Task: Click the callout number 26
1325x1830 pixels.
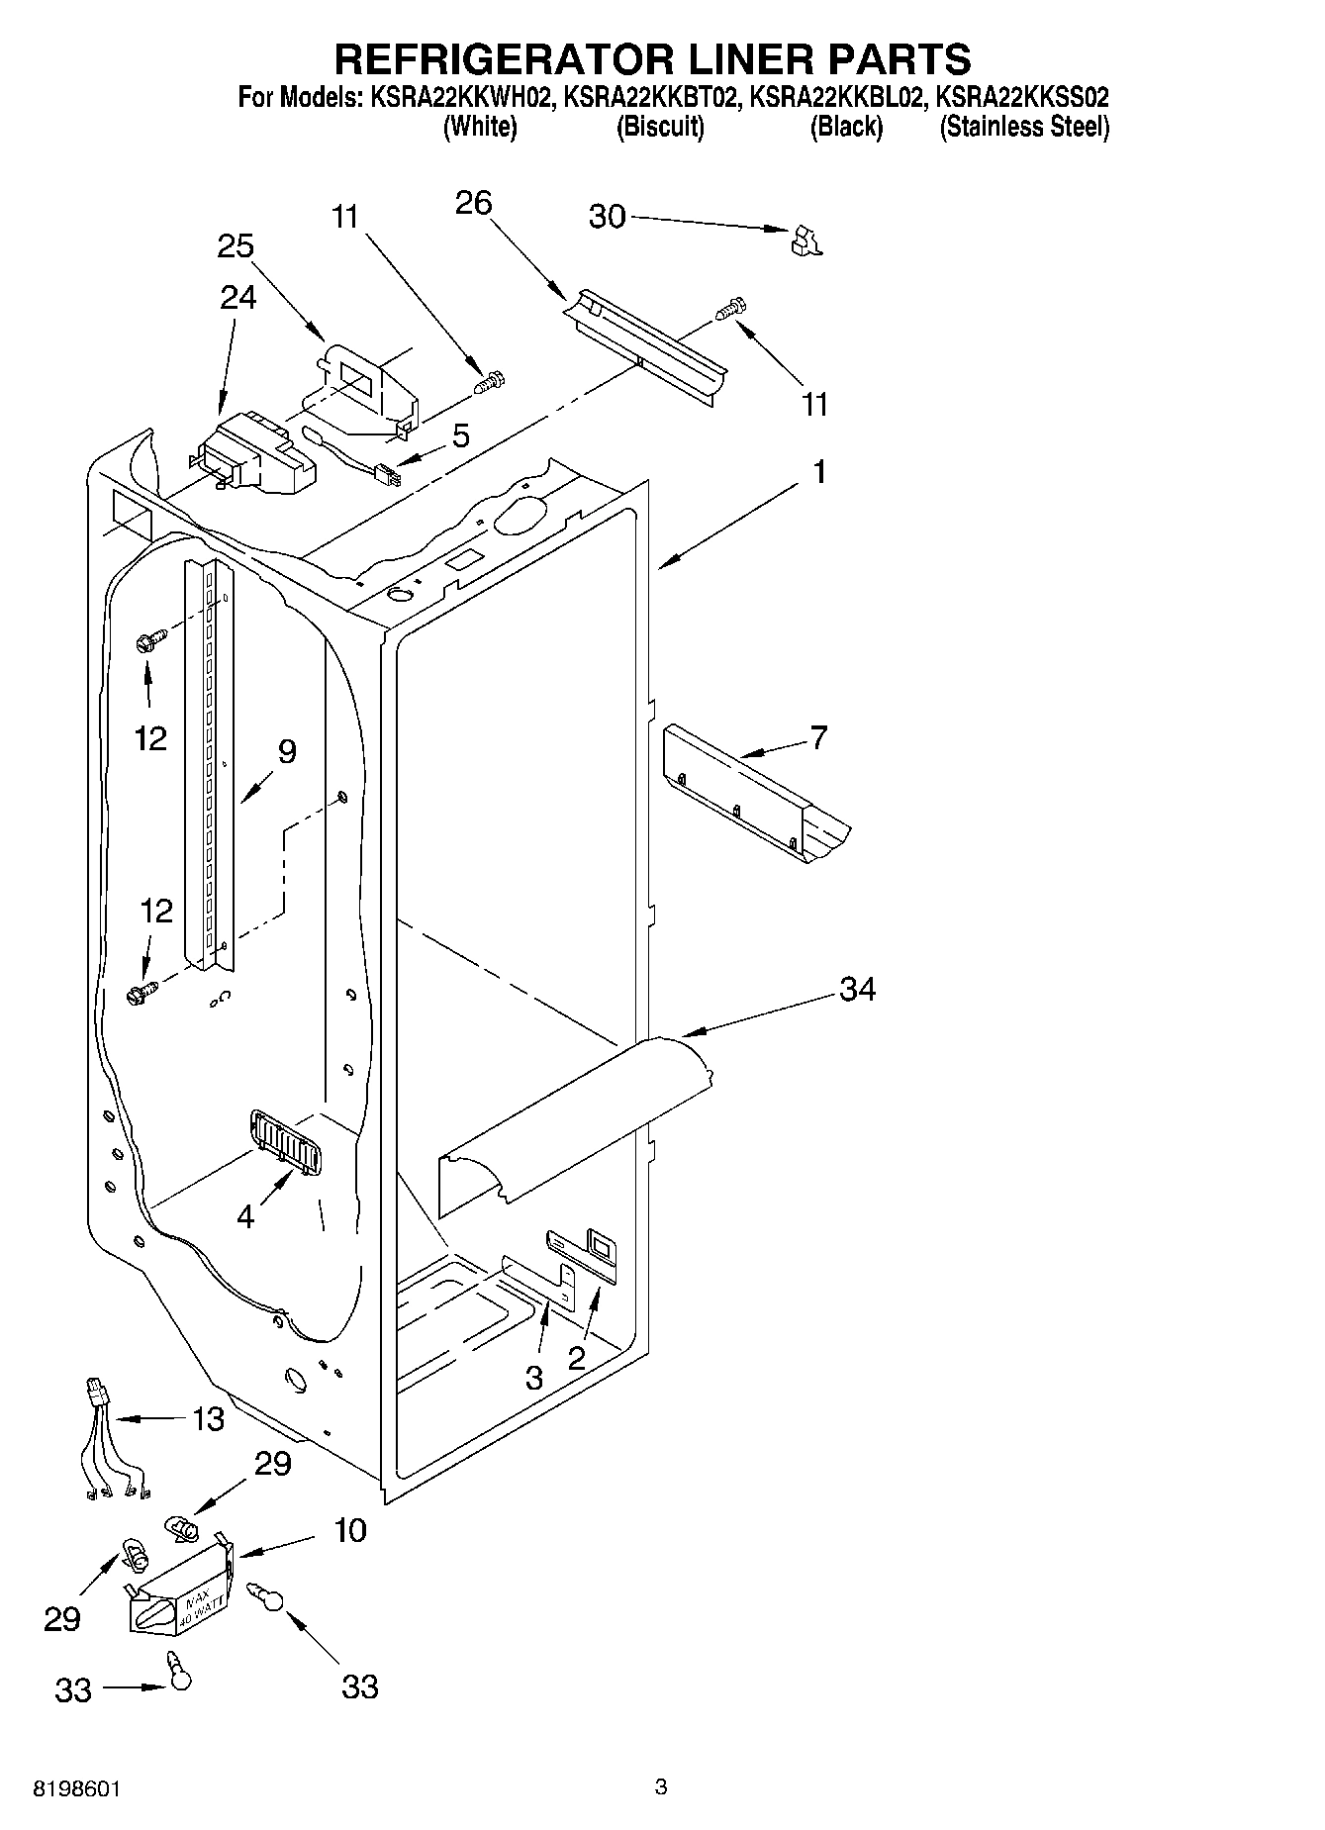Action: pos(473,203)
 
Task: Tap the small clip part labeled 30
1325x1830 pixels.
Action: pos(806,241)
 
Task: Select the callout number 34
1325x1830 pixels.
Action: pos(857,989)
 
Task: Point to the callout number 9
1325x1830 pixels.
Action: pos(286,752)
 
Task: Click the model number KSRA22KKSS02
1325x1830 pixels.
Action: pos(1022,97)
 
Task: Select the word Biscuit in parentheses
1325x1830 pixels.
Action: pos(660,127)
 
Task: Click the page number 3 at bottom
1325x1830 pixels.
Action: pos(661,1786)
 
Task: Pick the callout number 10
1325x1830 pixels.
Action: pos(349,1530)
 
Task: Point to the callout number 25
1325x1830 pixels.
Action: pos(236,246)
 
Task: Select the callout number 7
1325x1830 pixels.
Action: pos(818,737)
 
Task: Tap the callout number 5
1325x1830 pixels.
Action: pos(461,436)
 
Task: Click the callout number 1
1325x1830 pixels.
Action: pos(819,472)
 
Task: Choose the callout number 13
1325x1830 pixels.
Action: pos(208,1418)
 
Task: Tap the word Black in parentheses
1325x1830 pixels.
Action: pos(846,127)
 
